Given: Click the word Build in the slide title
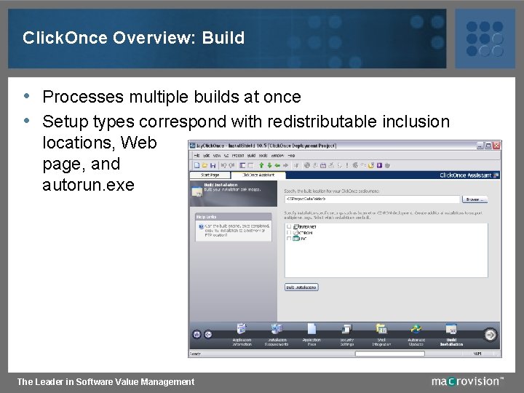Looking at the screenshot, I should tap(225, 38).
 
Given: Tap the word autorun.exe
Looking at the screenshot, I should tap(88, 185).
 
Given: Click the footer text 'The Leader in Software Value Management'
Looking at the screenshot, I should tap(106, 381).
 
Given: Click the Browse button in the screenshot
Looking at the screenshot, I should tap(475, 199).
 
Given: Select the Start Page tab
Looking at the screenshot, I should tap(210, 175).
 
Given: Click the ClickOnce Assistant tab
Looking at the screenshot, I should tap(258, 175).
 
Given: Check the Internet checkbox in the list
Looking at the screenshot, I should tap(288, 226).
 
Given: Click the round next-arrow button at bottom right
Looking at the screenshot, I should tap(491, 335).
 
